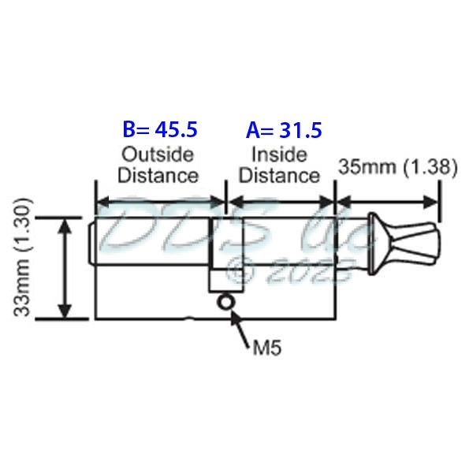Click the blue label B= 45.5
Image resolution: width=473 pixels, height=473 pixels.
[159, 128]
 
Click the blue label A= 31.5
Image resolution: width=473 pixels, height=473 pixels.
[284, 128]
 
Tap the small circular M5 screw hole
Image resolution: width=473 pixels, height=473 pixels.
[227, 302]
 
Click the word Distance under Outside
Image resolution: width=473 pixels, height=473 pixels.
[158, 174]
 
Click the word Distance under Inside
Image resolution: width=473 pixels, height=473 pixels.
[280, 174]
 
